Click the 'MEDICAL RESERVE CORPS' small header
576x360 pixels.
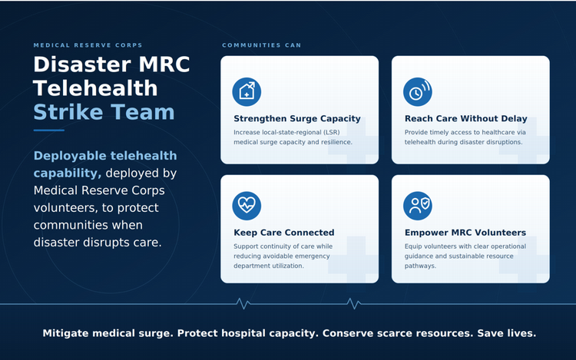pos(88,45)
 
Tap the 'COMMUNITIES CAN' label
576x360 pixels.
pos(262,45)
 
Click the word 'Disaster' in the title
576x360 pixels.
pos(82,64)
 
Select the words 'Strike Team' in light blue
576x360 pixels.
pos(104,112)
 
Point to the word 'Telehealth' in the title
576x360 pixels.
pos(95,88)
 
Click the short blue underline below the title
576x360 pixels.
pos(49,130)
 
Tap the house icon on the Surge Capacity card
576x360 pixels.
pos(247,92)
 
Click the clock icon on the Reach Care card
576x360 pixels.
pos(418,92)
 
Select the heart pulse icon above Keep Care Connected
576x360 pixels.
pos(247,206)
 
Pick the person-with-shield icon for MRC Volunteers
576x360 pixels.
pos(418,206)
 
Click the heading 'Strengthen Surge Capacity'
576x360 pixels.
pos(297,118)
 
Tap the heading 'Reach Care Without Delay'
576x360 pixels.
pos(466,118)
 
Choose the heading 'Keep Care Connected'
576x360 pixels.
pos(284,233)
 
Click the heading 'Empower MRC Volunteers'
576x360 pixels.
pos(465,233)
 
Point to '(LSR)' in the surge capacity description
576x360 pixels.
pos(331,132)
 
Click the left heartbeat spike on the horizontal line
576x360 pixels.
pos(243,303)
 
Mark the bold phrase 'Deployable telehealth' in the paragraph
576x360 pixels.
pos(105,156)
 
